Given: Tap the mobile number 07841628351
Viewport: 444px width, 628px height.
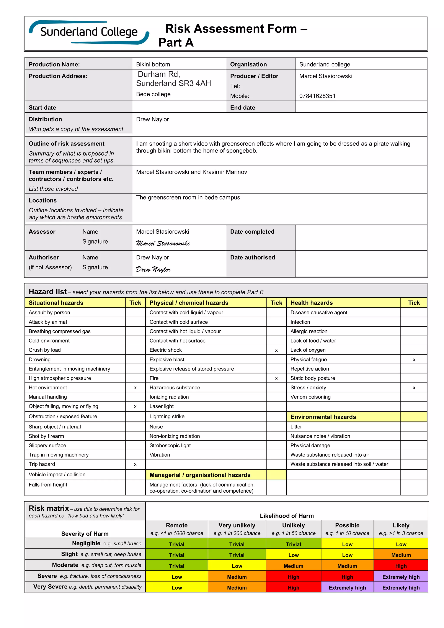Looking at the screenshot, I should [x=317, y=96].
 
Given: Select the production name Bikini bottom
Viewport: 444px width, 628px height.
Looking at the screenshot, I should [x=153, y=65].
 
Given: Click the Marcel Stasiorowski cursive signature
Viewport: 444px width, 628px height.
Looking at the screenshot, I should [x=163, y=243].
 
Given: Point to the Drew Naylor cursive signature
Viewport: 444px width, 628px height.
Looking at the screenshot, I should [x=153, y=269].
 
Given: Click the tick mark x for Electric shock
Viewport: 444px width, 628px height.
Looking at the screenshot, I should [x=276, y=350].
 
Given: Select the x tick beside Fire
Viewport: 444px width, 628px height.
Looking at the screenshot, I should [x=276, y=379].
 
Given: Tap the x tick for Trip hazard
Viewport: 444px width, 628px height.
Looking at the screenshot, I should [x=135, y=464].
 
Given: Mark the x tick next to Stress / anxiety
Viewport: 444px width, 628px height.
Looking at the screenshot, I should [x=414, y=388].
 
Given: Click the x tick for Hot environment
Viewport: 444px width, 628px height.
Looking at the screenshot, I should [x=135, y=388].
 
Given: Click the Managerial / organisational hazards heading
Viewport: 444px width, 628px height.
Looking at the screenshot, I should [x=200, y=475].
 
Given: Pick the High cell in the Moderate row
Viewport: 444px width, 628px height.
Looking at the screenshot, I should [x=401, y=566].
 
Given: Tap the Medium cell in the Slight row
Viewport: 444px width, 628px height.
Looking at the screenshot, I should [x=401, y=555].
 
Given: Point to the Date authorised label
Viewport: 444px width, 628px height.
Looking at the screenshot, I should [x=252, y=257].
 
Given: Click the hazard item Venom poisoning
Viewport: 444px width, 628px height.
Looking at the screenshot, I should [x=310, y=397].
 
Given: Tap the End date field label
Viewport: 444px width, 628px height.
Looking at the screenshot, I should [x=243, y=108].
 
